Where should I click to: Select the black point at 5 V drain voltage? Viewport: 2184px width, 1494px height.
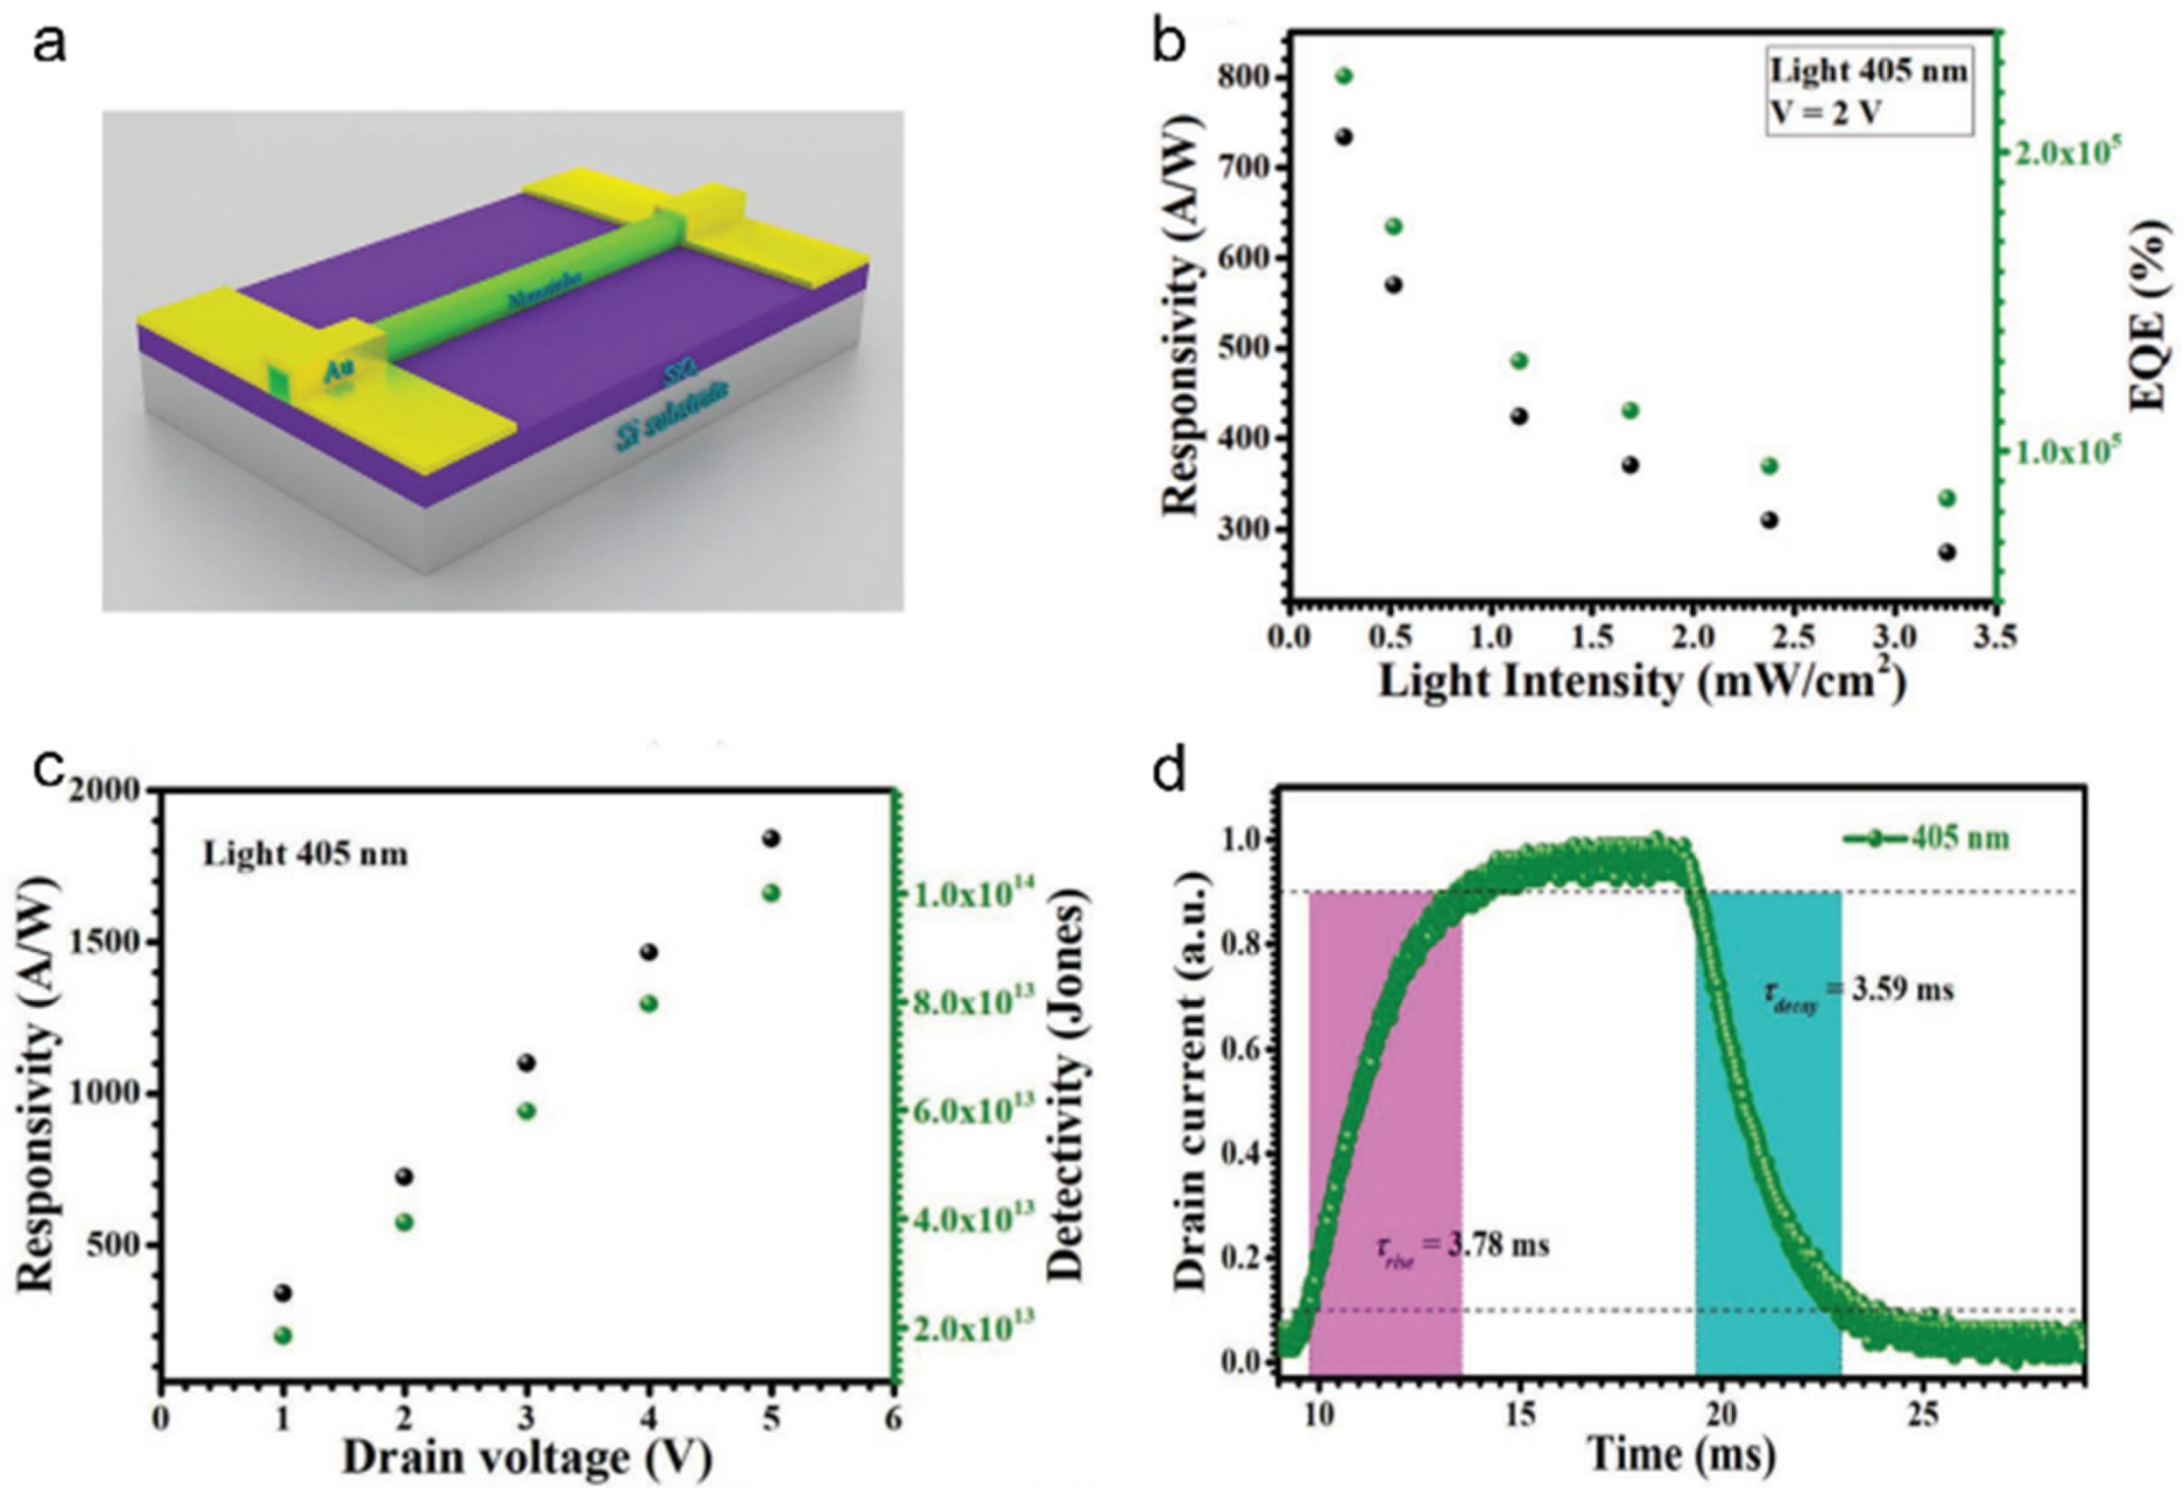tap(771, 838)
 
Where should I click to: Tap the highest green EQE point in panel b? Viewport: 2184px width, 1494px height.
tap(1344, 76)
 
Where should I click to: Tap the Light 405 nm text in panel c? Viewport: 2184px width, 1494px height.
tap(306, 854)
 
